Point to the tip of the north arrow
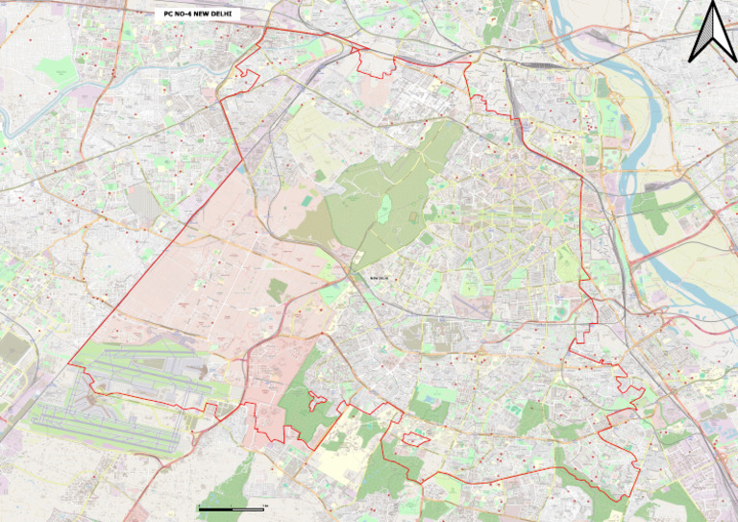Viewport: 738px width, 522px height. coord(713,4)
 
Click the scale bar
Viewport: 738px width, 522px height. coord(231,508)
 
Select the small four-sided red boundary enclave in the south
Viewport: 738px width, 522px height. coord(414,438)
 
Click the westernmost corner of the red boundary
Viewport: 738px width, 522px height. coord(68,364)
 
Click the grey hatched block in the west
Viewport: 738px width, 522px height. coord(144,202)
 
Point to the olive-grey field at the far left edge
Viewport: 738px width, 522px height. coord(12,351)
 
